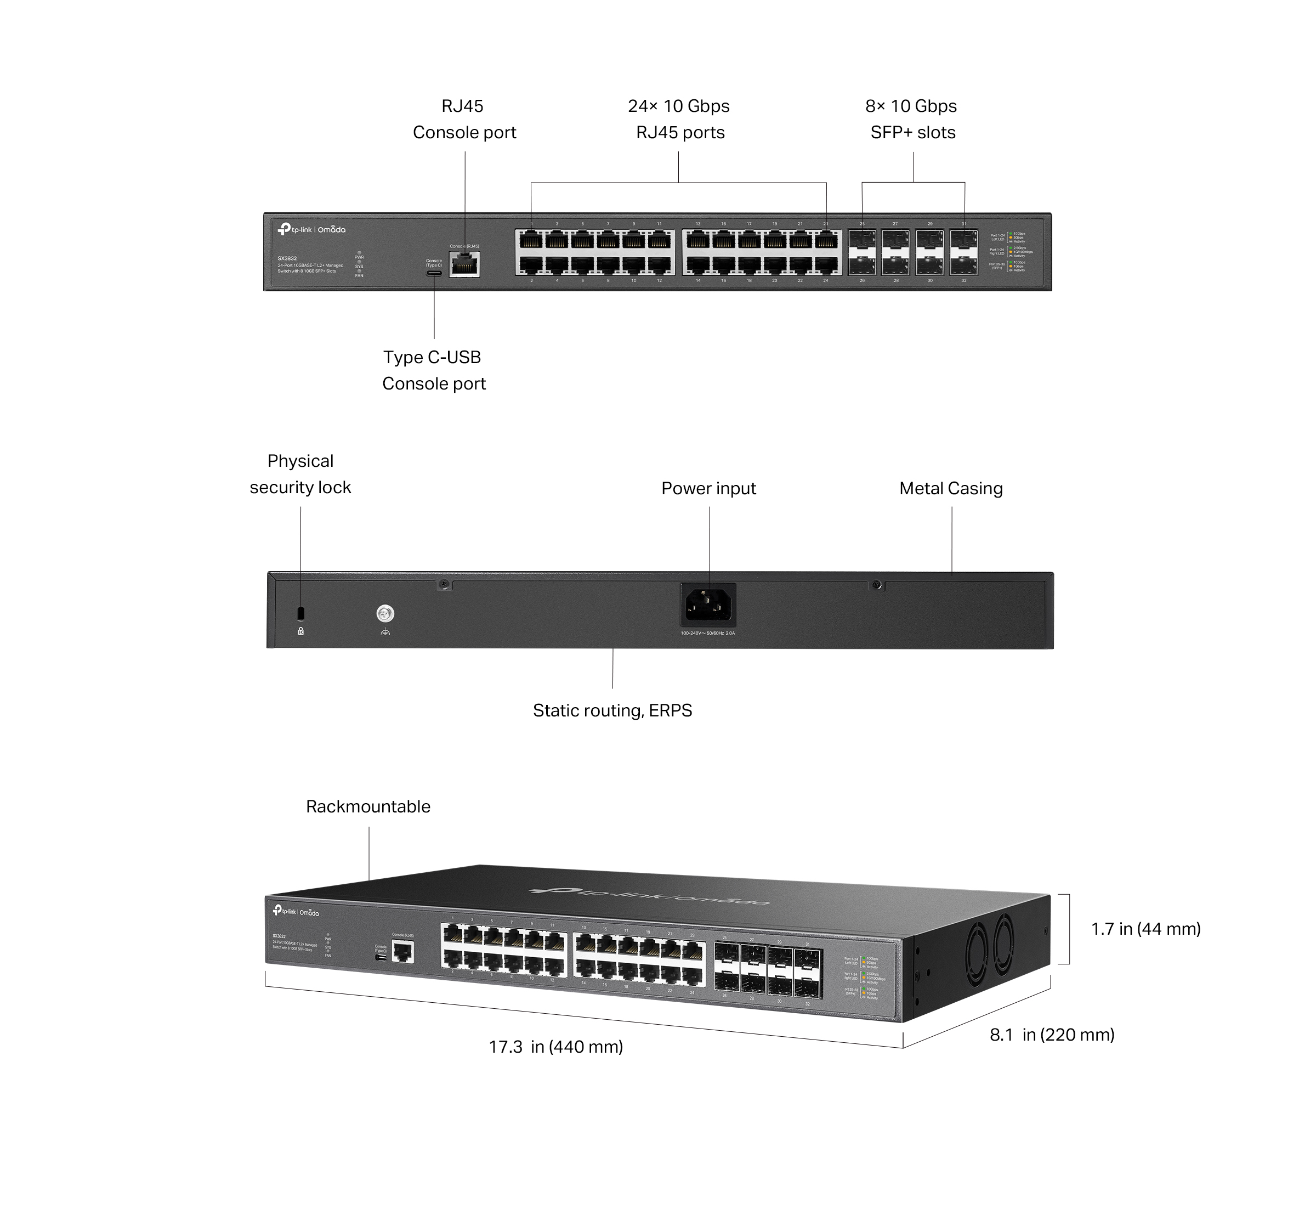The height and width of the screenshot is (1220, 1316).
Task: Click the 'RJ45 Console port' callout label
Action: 464,120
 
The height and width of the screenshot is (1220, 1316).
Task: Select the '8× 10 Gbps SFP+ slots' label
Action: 911,120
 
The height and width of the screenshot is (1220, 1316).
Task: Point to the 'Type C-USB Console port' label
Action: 433,370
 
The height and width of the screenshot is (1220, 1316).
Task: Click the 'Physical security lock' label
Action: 300,474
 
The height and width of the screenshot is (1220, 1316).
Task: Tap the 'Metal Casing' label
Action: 950,489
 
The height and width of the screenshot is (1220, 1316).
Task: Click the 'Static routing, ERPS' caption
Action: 612,710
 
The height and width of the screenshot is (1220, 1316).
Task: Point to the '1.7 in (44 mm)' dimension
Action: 1145,929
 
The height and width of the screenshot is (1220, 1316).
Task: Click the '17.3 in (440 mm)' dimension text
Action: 555,1046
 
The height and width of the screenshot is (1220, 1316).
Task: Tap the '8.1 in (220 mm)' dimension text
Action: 1052,1035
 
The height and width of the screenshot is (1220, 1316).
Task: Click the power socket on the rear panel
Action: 708,605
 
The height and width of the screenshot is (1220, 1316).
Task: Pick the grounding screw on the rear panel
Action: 385,613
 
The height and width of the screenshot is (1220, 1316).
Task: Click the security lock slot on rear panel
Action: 301,613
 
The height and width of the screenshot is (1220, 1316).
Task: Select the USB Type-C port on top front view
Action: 434,272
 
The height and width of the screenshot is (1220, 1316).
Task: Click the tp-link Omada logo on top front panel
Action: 311,229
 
